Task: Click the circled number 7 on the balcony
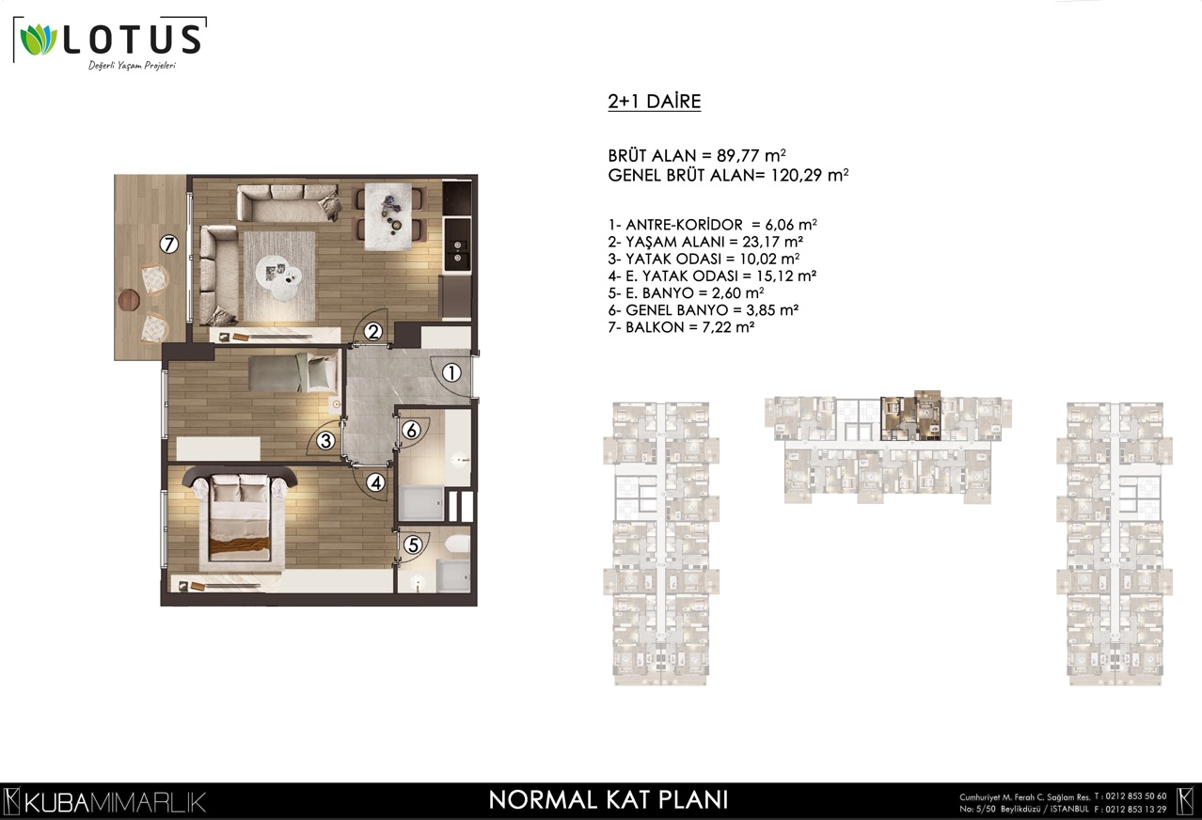[x=169, y=244]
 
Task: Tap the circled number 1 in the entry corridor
[x=451, y=373]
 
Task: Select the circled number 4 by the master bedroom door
[x=375, y=483]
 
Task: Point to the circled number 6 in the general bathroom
[x=411, y=430]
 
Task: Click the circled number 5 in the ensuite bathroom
[x=413, y=545]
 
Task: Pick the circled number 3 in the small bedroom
[x=325, y=441]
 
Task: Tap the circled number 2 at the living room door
[x=373, y=332]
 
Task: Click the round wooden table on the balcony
[x=129, y=300]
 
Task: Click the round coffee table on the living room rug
[x=278, y=276]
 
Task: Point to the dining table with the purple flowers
[x=388, y=216]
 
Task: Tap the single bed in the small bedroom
[x=293, y=371]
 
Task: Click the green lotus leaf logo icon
[x=39, y=39]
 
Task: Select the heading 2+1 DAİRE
[x=654, y=102]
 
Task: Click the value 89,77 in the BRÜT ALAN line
[x=738, y=155]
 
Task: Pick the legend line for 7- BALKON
[x=682, y=327]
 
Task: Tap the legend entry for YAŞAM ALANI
[x=705, y=242]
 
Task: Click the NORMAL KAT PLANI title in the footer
[x=609, y=799]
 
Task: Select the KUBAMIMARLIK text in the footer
[x=115, y=803]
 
